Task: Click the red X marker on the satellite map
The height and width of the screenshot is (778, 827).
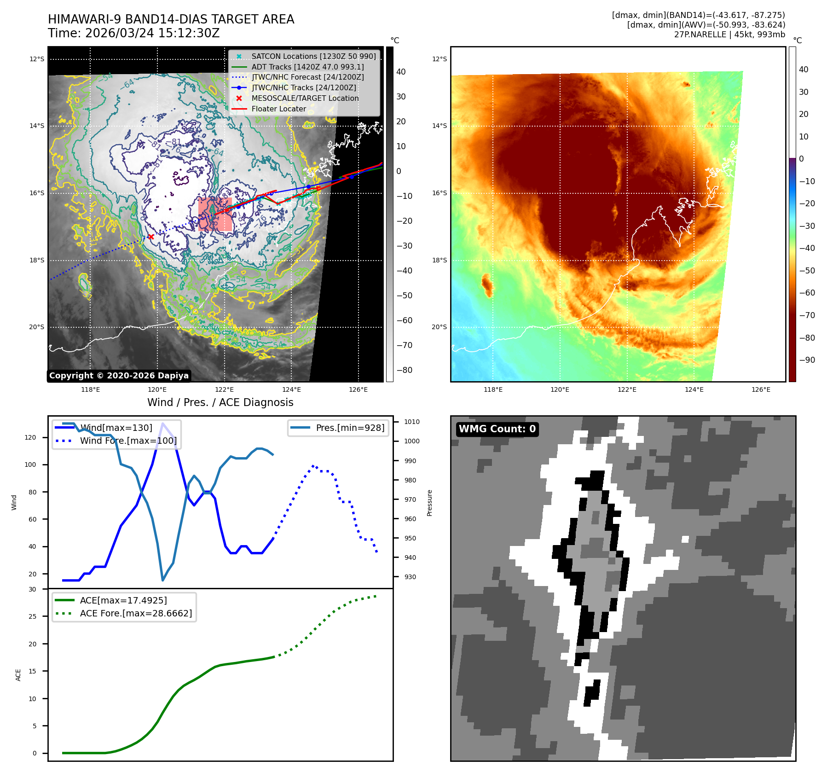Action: click(150, 237)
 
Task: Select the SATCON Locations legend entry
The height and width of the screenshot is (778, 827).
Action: click(313, 56)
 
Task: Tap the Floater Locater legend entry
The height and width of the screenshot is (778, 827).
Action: click(278, 109)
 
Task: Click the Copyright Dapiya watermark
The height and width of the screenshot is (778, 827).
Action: click(119, 376)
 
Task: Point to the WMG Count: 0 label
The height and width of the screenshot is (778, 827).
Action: click(497, 429)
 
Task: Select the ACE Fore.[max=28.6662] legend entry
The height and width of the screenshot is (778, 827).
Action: click(136, 613)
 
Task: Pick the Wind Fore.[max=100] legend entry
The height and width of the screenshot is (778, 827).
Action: click(128, 441)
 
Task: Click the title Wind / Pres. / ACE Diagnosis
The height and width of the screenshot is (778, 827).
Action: click(220, 402)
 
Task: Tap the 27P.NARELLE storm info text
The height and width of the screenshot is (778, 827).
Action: click(729, 35)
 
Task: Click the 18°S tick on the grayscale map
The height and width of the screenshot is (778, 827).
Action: click(37, 260)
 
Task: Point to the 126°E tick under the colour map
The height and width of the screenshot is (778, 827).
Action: click(761, 389)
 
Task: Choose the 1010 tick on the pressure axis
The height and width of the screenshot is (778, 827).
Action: click(411, 422)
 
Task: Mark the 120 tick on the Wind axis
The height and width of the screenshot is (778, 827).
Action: click(30, 437)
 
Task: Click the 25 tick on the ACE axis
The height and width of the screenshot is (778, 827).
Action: click(32, 616)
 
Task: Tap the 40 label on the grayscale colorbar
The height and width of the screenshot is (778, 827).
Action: click(401, 72)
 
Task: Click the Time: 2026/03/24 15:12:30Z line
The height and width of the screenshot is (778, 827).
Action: click(133, 33)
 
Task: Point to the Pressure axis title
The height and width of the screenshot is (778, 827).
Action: click(429, 503)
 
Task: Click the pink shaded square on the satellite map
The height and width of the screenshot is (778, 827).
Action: click(215, 214)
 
